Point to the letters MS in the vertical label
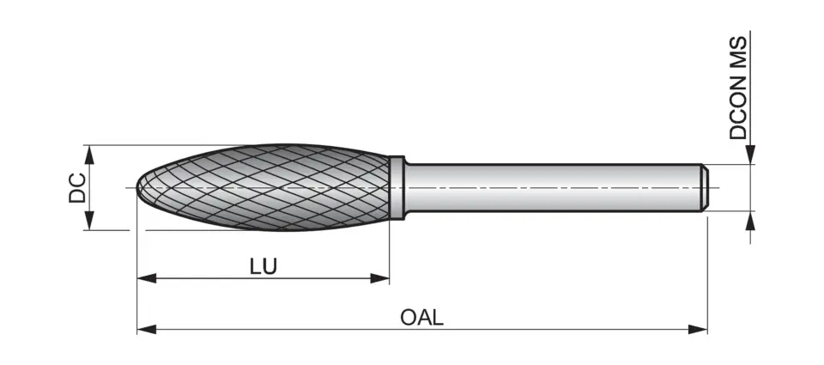point(738,55)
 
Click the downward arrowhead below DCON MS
point(751,155)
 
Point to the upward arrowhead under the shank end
point(751,220)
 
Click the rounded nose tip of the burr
point(141,187)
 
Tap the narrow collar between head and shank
point(397,187)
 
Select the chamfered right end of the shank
point(703,187)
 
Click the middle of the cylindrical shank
point(549,187)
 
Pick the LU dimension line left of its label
point(197,277)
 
